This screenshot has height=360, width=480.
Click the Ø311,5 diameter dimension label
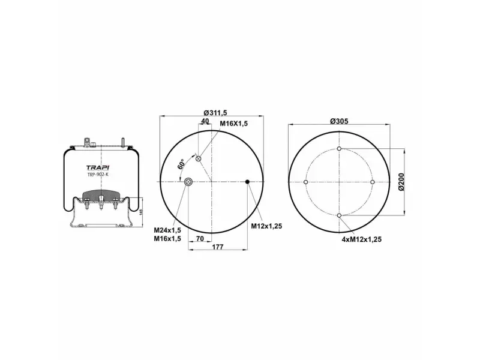[x=215, y=113]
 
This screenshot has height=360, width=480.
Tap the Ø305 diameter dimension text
[x=339, y=121]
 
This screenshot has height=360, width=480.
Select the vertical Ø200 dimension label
[x=401, y=182]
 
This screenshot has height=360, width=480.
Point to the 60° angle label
[x=181, y=164]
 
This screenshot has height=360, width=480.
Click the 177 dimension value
[x=218, y=247]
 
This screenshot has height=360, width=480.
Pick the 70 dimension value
[x=200, y=239]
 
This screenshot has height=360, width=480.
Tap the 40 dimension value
[x=205, y=121]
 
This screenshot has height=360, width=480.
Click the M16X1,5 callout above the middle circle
[x=233, y=124]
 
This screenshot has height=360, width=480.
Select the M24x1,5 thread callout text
[x=167, y=230]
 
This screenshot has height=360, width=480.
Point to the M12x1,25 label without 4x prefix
[x=266, y=226]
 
